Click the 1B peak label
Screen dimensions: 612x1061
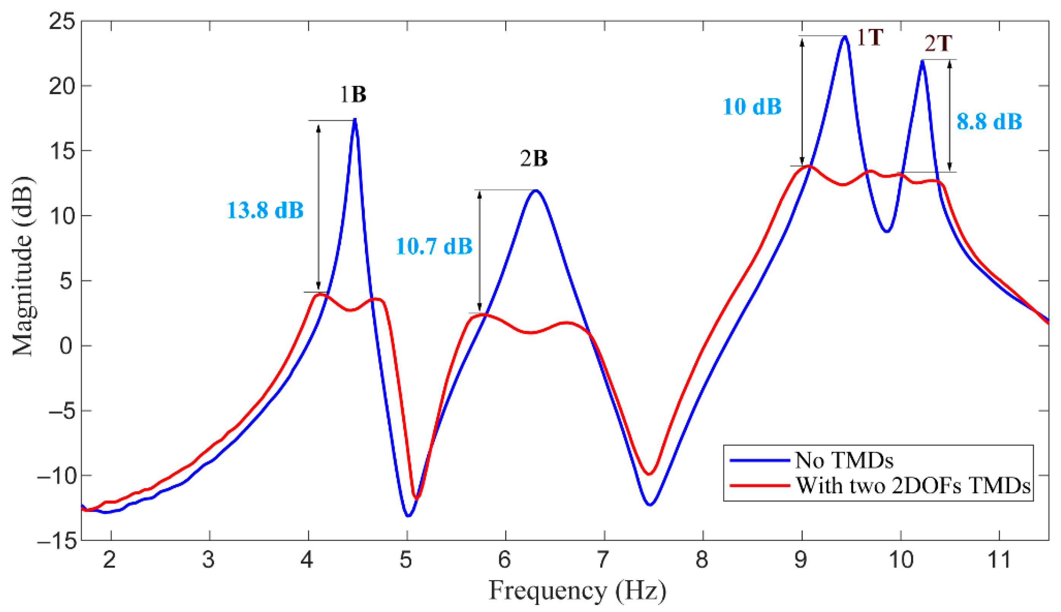(353, 95)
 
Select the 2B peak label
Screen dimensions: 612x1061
(534, 159)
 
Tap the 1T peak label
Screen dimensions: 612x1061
(869, 38)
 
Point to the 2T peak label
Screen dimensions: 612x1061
(938, 44)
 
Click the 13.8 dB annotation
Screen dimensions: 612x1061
(265, 210)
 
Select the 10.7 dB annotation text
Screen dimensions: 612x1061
(434, 246)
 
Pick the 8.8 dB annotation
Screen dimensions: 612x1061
(989, 122)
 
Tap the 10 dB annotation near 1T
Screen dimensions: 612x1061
(752, 107)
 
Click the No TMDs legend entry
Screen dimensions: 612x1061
(844, 460)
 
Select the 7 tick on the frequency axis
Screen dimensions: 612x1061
(604, 560)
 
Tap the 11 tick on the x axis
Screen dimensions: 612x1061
(999, 560)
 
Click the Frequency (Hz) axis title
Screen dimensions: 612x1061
(577, 591)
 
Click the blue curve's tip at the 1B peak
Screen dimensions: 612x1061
(355, 120)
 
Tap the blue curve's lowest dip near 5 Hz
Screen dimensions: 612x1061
(408, 516)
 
